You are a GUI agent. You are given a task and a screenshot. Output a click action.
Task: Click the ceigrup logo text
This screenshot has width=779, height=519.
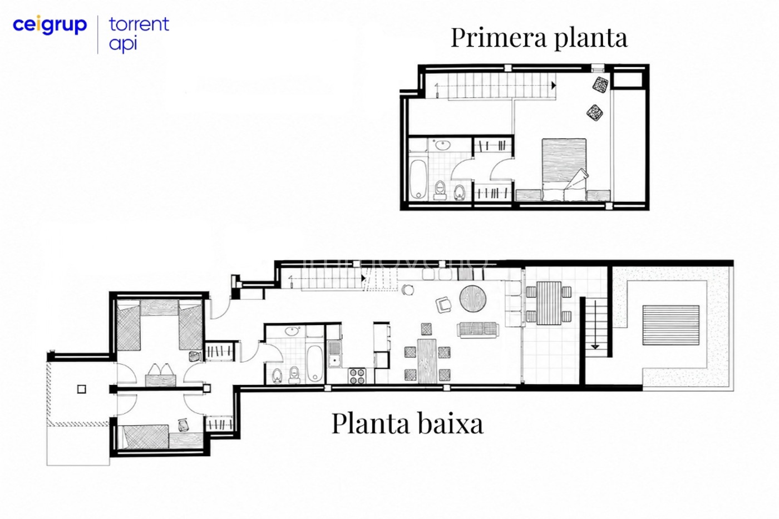(50, 25)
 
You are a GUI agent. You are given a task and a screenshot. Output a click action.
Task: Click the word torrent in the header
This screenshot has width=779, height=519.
(139, 24)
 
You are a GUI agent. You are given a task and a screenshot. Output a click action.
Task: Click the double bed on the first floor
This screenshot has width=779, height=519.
(564, 170)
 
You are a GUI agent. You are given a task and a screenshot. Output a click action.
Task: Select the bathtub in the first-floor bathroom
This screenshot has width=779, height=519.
(418, 179)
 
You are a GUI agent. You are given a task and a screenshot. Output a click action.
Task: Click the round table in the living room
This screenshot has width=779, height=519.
(473, 299)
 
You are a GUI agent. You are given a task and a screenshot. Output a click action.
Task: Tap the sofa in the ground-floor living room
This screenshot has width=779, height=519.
(478, 329)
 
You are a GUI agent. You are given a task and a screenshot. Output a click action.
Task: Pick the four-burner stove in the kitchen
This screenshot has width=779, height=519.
(357, 375)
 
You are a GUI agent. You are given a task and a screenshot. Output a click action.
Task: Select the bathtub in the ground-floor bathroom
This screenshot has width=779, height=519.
(315, 364)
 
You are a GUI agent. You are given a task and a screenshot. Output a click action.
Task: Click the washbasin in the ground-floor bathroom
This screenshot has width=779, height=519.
(292, 331)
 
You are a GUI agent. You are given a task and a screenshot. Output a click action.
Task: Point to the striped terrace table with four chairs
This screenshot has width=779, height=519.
(549, 303)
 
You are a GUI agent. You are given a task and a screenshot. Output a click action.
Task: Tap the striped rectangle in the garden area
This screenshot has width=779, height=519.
(671, 325)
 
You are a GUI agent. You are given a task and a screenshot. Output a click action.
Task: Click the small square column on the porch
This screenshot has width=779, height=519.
(82, 389)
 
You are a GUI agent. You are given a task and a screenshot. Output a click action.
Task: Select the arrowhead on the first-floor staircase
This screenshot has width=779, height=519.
(554, 85)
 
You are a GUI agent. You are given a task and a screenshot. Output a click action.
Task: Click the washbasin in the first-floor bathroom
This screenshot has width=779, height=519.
(442, 144)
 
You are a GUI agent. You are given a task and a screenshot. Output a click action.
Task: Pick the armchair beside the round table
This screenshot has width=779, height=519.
(444, 305)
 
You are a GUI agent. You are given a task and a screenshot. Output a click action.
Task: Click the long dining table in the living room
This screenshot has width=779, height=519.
(427, 361)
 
